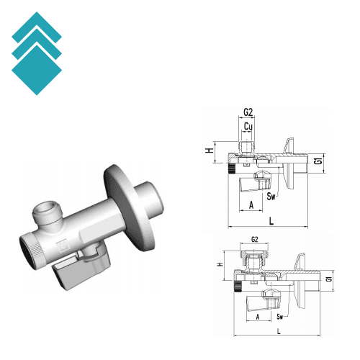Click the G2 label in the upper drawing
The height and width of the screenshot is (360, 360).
tap(248, 113)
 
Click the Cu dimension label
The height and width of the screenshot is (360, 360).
tap(248, 127)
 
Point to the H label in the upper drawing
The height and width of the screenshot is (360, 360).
tap(208, 151)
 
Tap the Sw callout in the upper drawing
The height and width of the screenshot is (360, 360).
tap(271, 196)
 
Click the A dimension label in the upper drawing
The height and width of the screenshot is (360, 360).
tap(251, 205)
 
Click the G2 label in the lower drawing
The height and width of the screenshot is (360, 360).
tap(254, 239)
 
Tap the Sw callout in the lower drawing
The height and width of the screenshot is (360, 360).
tap(279, 315)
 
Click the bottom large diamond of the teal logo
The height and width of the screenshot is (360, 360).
tap(37, 70)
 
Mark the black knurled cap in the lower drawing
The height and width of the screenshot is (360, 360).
tap(238, 289)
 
